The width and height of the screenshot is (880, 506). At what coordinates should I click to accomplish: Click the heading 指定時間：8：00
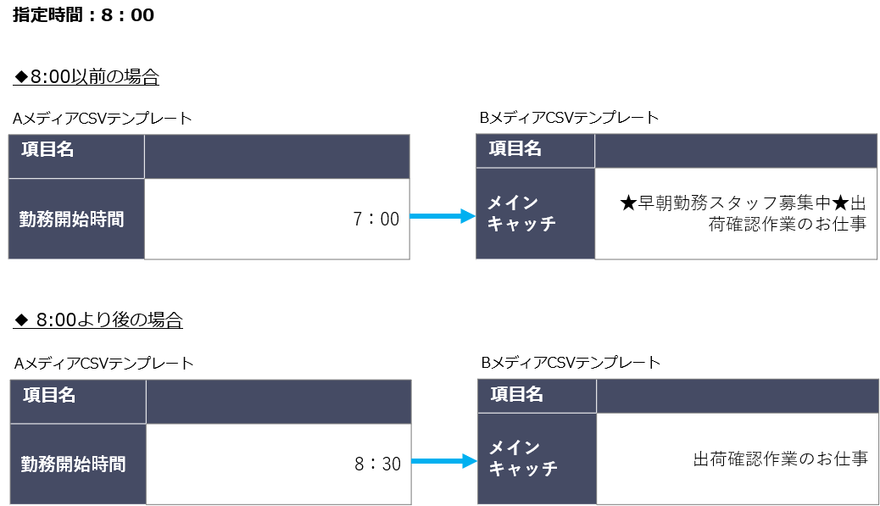tap(83, 14)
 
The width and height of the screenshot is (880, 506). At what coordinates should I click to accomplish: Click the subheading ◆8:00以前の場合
tap(86, 76)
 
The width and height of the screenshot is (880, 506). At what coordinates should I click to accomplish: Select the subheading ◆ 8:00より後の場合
tap(98, 320)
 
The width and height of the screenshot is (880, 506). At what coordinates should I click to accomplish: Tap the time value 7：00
tap(376, 219)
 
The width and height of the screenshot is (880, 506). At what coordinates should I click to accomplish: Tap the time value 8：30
tap(378, 464)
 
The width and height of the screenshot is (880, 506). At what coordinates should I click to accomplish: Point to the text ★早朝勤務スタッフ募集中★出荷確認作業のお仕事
tap(743, 214)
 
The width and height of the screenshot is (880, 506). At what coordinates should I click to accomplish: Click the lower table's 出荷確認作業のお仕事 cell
tap(781, 459)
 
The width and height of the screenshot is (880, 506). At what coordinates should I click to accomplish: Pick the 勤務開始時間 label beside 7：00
tap(72, 219)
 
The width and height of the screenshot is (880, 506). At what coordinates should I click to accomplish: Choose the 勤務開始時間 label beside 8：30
tap(74, 464)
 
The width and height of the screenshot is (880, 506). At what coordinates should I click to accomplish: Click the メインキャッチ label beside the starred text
tap(521, 213)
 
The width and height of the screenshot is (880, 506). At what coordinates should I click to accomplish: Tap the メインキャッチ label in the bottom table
tap(523, 458)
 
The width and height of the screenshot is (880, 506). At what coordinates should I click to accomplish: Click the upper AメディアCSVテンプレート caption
tap(103, 119)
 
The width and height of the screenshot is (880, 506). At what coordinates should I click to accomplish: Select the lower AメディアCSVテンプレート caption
tap(103, 364)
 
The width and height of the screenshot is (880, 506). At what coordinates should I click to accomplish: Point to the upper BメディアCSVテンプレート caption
tap(569, 118)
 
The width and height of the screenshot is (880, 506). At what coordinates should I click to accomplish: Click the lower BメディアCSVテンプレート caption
tap(571, 363)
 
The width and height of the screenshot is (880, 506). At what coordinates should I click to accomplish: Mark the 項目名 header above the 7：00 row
tap(47, 149)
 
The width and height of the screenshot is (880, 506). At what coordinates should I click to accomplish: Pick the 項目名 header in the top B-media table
tap(515, 148)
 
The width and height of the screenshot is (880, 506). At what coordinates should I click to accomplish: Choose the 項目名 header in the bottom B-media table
tap(516, 394)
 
